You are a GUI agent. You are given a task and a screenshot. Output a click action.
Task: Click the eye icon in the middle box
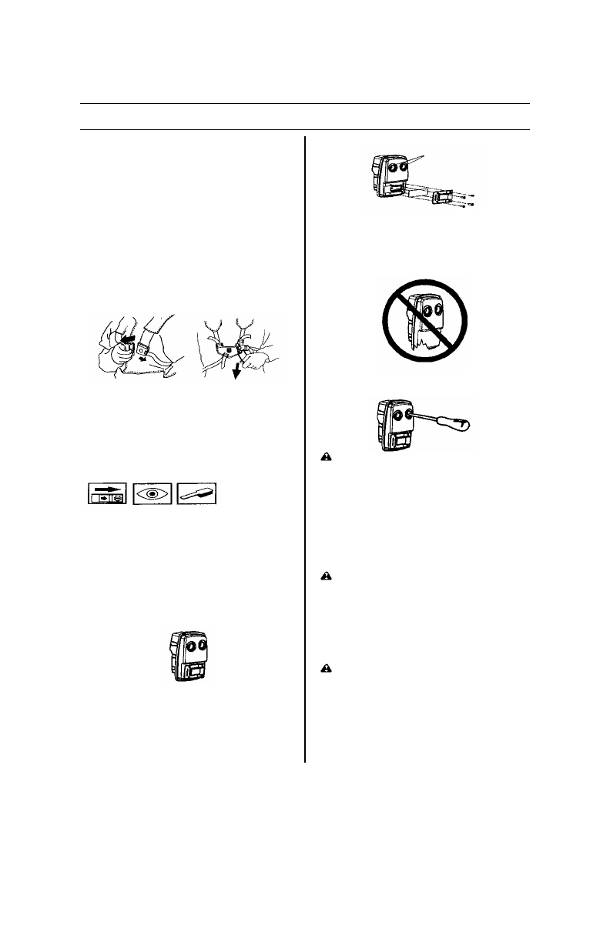point(152,493)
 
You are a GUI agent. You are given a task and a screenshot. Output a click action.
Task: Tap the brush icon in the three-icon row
point(197,493)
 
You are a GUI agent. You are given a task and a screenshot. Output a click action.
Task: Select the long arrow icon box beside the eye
point(106,493)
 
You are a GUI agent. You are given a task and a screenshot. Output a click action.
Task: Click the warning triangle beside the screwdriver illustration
point(327,456)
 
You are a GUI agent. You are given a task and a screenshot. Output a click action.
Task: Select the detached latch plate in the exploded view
point(441,197)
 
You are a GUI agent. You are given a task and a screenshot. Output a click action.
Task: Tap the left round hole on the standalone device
point(189,646)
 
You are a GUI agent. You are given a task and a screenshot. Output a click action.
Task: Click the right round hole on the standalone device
point(203,646)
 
